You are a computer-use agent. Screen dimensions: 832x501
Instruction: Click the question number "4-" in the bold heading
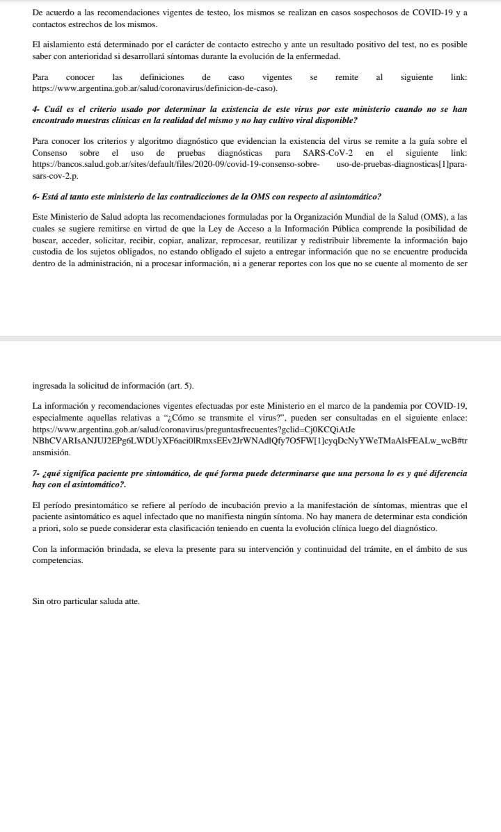pos(38,110)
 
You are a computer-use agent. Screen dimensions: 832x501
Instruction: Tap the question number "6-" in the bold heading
pos(37,197)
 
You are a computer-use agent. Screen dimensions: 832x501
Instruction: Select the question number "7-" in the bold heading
pos(37,473)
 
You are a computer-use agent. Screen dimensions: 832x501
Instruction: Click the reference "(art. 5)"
pos(180,386)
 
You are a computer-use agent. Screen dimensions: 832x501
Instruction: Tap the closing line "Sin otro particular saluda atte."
pos(86,601)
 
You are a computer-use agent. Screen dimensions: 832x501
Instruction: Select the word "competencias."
pos(58,560)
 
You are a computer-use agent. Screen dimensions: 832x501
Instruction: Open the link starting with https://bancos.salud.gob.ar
pos(176,164)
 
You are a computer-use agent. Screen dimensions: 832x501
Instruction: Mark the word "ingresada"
pos(50,386)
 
